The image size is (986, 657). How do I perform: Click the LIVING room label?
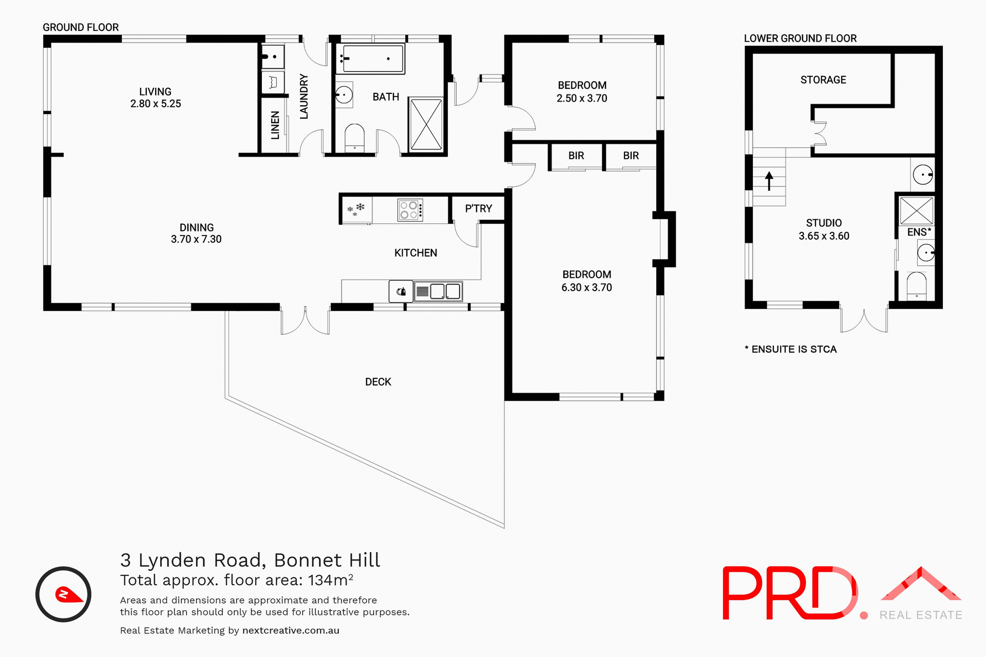(x=155, y=91)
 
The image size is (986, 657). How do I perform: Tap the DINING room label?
(x=196, y=227)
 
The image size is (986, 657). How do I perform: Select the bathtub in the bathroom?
(x=370, y=59)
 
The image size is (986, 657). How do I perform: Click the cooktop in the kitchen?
(x=410, y=210)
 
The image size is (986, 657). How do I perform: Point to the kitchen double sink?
(x=438, y=292)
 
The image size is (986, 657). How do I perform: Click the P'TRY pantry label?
(x=478, y=208)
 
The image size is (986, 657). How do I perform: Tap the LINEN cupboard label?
(x=275, y=125)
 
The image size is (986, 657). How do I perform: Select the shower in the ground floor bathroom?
(x=426, y=124)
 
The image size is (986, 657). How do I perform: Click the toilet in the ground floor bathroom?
(x=354, y=138)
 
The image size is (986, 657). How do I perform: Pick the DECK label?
(x=378, y=382)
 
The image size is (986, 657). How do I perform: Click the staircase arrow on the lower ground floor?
(x=769, y=181)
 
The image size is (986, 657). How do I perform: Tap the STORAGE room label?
(x=823, y=80)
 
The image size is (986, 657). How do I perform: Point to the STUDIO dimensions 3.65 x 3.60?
(x=824, y=236)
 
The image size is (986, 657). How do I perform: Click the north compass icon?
(x=63, y=594)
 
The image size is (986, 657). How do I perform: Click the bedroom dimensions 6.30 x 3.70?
(x=586, y=287)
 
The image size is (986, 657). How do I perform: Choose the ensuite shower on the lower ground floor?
(x=916, y=210)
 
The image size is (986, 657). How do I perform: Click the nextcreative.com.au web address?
(x=291, y=630)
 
